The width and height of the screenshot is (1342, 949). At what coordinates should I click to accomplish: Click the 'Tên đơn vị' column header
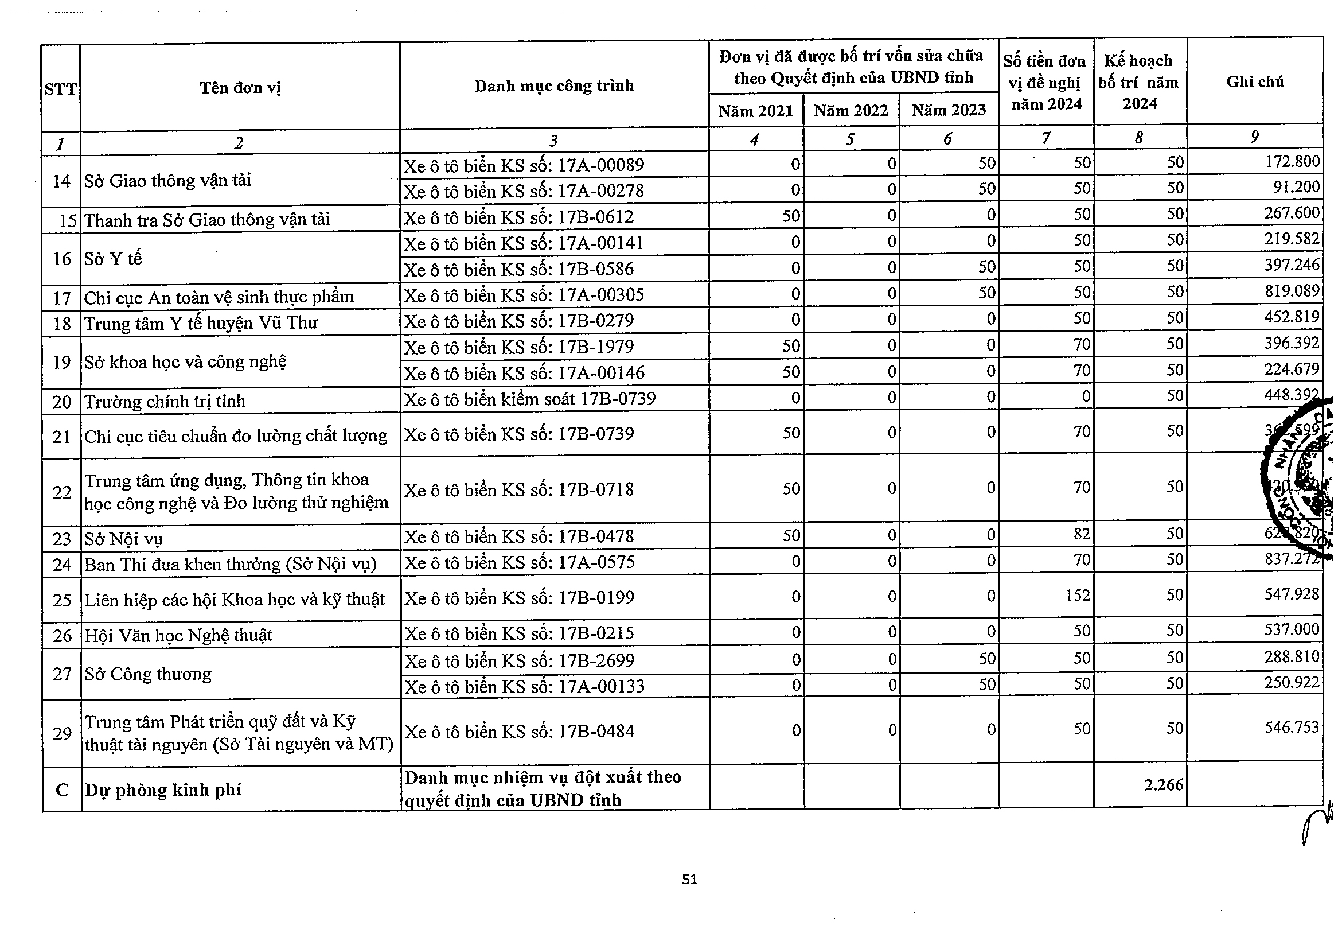[240, 88]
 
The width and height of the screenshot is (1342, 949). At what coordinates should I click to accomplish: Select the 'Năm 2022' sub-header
[851, 111]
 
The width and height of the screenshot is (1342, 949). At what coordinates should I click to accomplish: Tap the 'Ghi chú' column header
[1254, 81]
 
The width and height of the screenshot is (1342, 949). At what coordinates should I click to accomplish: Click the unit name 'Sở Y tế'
[113, 259]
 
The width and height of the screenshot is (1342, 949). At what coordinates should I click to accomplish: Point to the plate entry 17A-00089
[524, 165]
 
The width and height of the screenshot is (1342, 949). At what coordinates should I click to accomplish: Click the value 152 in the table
[1077, 595]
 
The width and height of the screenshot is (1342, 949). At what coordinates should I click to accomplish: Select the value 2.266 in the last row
[1163, 785]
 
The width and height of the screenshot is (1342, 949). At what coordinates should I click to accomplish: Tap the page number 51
[690, 879]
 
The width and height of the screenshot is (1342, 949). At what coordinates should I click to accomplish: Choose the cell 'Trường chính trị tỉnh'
[165, 402]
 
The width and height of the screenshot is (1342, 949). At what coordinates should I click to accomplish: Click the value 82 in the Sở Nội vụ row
[1081, 534]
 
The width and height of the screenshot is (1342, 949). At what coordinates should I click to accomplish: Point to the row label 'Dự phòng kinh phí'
[163, 790]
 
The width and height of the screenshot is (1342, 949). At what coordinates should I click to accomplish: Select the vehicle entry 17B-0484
[519, 732]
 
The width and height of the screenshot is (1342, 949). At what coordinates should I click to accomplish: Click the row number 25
[61, 600]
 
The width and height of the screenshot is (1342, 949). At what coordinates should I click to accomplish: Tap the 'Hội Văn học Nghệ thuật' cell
[178, 635]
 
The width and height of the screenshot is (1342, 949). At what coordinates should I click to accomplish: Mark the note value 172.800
[1292, 161]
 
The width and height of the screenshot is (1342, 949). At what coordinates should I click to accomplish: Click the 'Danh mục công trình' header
[553, 86]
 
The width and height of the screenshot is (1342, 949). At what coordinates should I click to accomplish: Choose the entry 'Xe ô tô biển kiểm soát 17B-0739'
[529, 399]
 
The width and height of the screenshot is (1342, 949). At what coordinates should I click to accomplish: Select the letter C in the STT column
[62, 790]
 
